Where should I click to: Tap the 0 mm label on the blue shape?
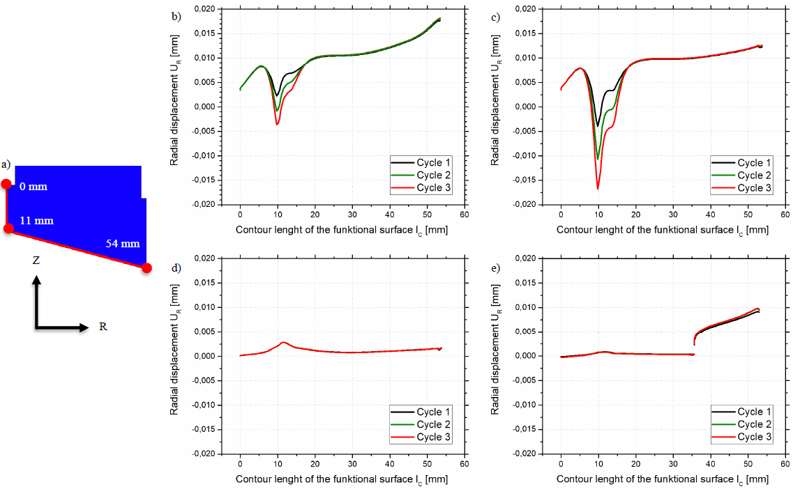tap(33, 187)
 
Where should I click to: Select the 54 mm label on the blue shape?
tap(123, 244)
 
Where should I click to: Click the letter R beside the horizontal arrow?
tap(103, 326)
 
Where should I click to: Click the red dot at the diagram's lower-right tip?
tap(146, 267)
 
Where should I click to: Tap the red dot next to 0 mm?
tap(6, 184)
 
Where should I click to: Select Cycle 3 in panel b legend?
tap(433, 188)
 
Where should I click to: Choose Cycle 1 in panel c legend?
tap(755, 162)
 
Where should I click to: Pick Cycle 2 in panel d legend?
tap(433, 424)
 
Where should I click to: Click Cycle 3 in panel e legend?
tap(755, 437)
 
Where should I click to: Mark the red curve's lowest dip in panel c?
tap(598, 189)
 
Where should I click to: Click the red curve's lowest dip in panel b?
tap(277, 125)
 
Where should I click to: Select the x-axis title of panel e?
tap(663, 479)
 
